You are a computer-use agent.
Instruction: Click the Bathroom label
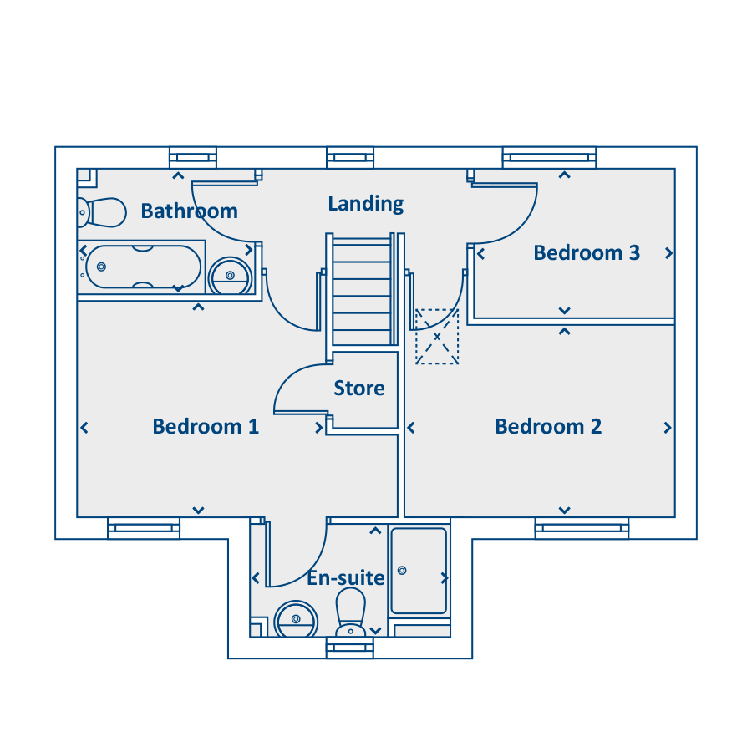pyautogui.click(x=189, y=211)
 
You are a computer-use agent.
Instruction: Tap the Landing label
pyautogui.click(x=365, y=203)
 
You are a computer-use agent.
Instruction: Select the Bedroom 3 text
pyautogui.click(x=587, y=252)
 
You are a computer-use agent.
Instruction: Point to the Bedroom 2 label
pyautogui.click(x=548, y=427)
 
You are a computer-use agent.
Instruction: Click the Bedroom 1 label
pyautogui.click(x=206, y=427)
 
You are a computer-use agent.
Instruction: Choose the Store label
pyautogui.click(x=359, y=389)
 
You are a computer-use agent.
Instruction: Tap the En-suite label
pyautogui.click(x=345, y=578)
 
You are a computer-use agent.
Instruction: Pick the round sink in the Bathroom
pyautogui.click(x=230, y=276)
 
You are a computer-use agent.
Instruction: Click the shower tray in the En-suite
pyautogui.click(x=419, y=572)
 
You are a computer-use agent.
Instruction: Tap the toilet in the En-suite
pyautogui.click(x=350, y=612)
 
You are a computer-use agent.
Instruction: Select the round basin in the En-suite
pyautogui.click(x=296, y=619)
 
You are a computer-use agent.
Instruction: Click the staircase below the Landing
pyautogui.click(x=362, y=291)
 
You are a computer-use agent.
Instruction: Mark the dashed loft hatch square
pyautogui.click(x=437, y=336)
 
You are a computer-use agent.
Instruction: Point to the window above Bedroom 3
pyautogui.click(x=549, y=157)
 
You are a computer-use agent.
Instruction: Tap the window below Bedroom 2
pyautogui.click(x=582, y=527)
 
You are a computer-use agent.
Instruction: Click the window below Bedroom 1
pyautogui.click(x=144, y=527)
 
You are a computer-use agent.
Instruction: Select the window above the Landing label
pyautogui.click(x=350, y=157)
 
